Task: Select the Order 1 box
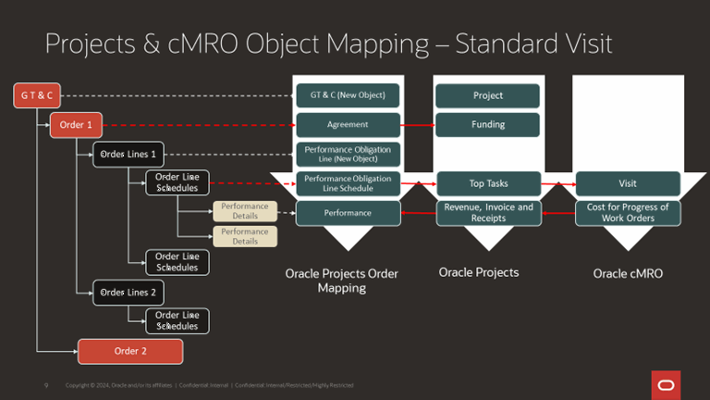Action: click(x=76, y=124)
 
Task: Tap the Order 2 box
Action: click(x=130, y=351)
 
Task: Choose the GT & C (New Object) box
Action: click(x=348, y=95)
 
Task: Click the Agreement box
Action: click(x=348, y=124)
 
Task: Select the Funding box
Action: click(x=487, y=124)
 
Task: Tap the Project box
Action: click(x=487, y=95)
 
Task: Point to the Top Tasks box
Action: click(x=487, y=183)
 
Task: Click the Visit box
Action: click(x=628, y=183)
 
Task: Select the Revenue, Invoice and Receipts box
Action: click(x=487, y=213)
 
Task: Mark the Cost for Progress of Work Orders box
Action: click(x=628, y=213)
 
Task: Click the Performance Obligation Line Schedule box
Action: click(x=348, y=183)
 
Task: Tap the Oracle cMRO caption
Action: click(x=628, y=274)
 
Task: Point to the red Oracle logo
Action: click(x=665, y=384)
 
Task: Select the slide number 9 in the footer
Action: click(x=46, y=385)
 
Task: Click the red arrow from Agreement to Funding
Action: click(x=418, y=124)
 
